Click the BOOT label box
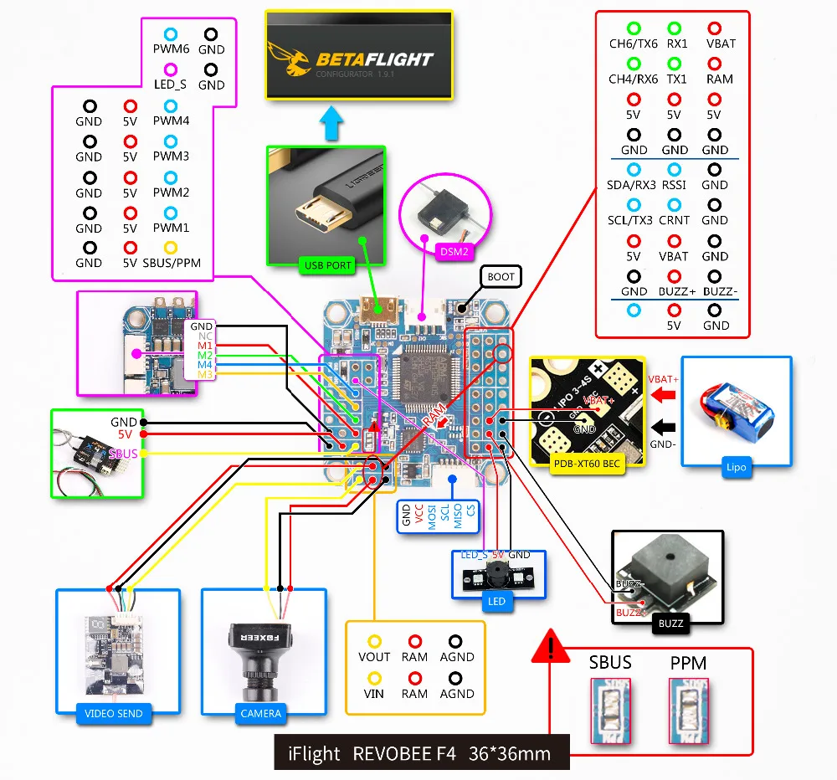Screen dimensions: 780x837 tap(501, 276)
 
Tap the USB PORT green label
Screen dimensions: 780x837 tap(327, 267)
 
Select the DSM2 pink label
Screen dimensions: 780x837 tap(455, 249)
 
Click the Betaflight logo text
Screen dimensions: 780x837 tap(374, 59)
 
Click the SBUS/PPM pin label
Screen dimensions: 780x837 tap(171, 263)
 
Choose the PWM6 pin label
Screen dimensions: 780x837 tap(171, 49)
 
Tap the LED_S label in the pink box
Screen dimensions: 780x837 tap(170, 85)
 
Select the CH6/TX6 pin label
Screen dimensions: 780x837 tap(634, 44)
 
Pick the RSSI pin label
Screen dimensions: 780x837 tap(674, 185)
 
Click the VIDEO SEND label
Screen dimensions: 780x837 tap(114, 714)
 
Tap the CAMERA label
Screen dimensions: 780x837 tap(260, 714)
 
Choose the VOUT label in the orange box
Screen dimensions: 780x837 tap(374, 657)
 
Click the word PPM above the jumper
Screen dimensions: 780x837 tap(688, 663)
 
